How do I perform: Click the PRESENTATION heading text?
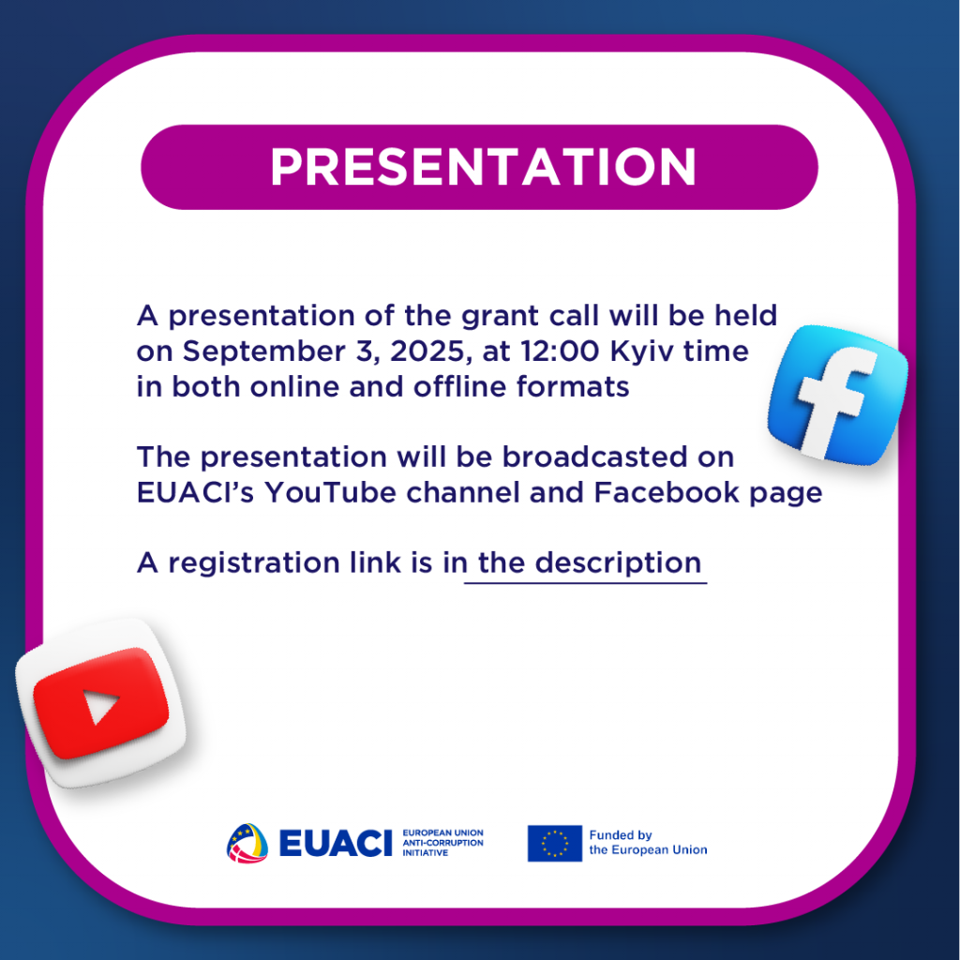(483, 167)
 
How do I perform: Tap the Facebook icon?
(837, 395)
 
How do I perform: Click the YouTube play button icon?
(101, 703)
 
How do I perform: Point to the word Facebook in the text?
(667, 492)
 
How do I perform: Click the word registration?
(254, 563)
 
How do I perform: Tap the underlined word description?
(619, 563)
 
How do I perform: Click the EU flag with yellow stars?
(555, 843)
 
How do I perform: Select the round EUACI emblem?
(247, 843)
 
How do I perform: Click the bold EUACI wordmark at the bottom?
(336, 843)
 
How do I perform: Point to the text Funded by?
(621, 835)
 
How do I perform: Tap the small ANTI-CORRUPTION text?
(442, 843)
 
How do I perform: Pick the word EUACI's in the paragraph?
(195, 492)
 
